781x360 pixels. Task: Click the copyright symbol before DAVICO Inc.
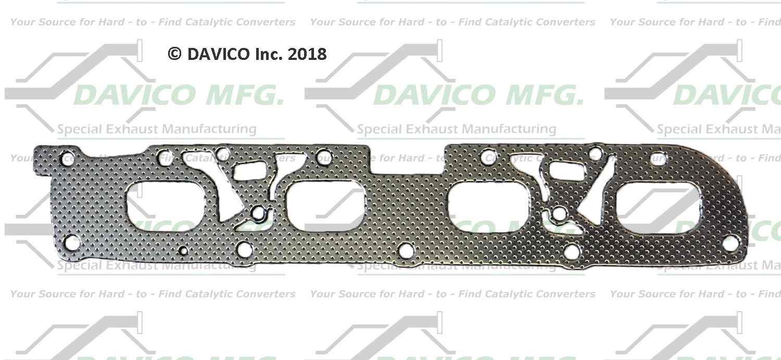point(174,54)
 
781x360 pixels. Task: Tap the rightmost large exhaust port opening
point(659,208)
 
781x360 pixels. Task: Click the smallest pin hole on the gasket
point(183,251)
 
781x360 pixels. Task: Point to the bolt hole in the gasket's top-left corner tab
point(66,157)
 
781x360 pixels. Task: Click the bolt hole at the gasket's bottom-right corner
point(730,242)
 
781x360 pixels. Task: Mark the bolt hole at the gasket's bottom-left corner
point(72,242)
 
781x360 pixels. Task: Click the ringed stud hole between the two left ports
point(258,212)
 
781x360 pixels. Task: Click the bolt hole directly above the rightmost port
point(659,158)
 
